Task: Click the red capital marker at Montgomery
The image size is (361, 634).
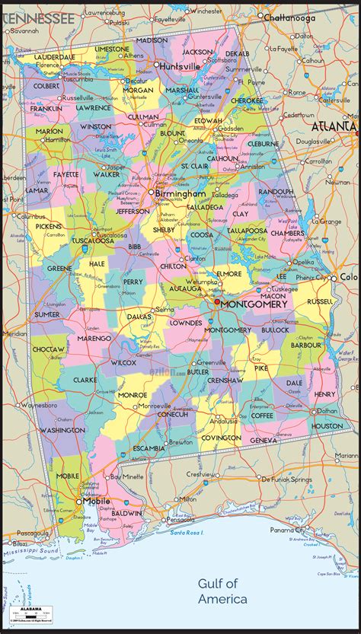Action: tap(216, 302)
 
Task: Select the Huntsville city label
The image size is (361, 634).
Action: tap(179, 66)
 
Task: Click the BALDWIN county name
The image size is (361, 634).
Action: tap(126, 513)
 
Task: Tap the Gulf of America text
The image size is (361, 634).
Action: tap(223, 591)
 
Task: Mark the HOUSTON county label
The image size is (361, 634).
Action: tap(327, 425)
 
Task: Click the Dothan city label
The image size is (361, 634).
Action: tap(324, 411)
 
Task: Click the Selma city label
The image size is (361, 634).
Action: tap(165, 310)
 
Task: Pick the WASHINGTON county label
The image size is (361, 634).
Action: tap(62, 430)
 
